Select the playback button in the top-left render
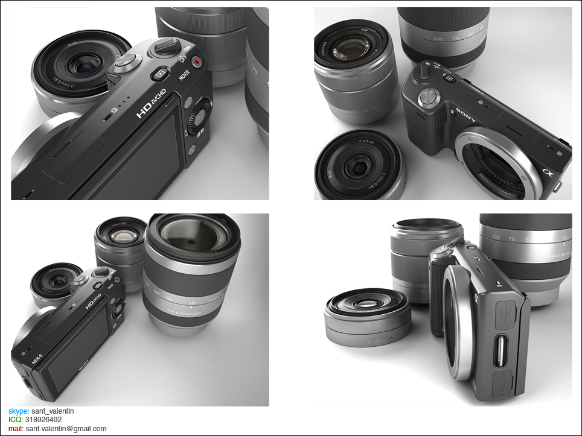tap(159, 75)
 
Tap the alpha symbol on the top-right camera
tap(548, 173)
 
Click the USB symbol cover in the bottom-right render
tap(505, 314)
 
